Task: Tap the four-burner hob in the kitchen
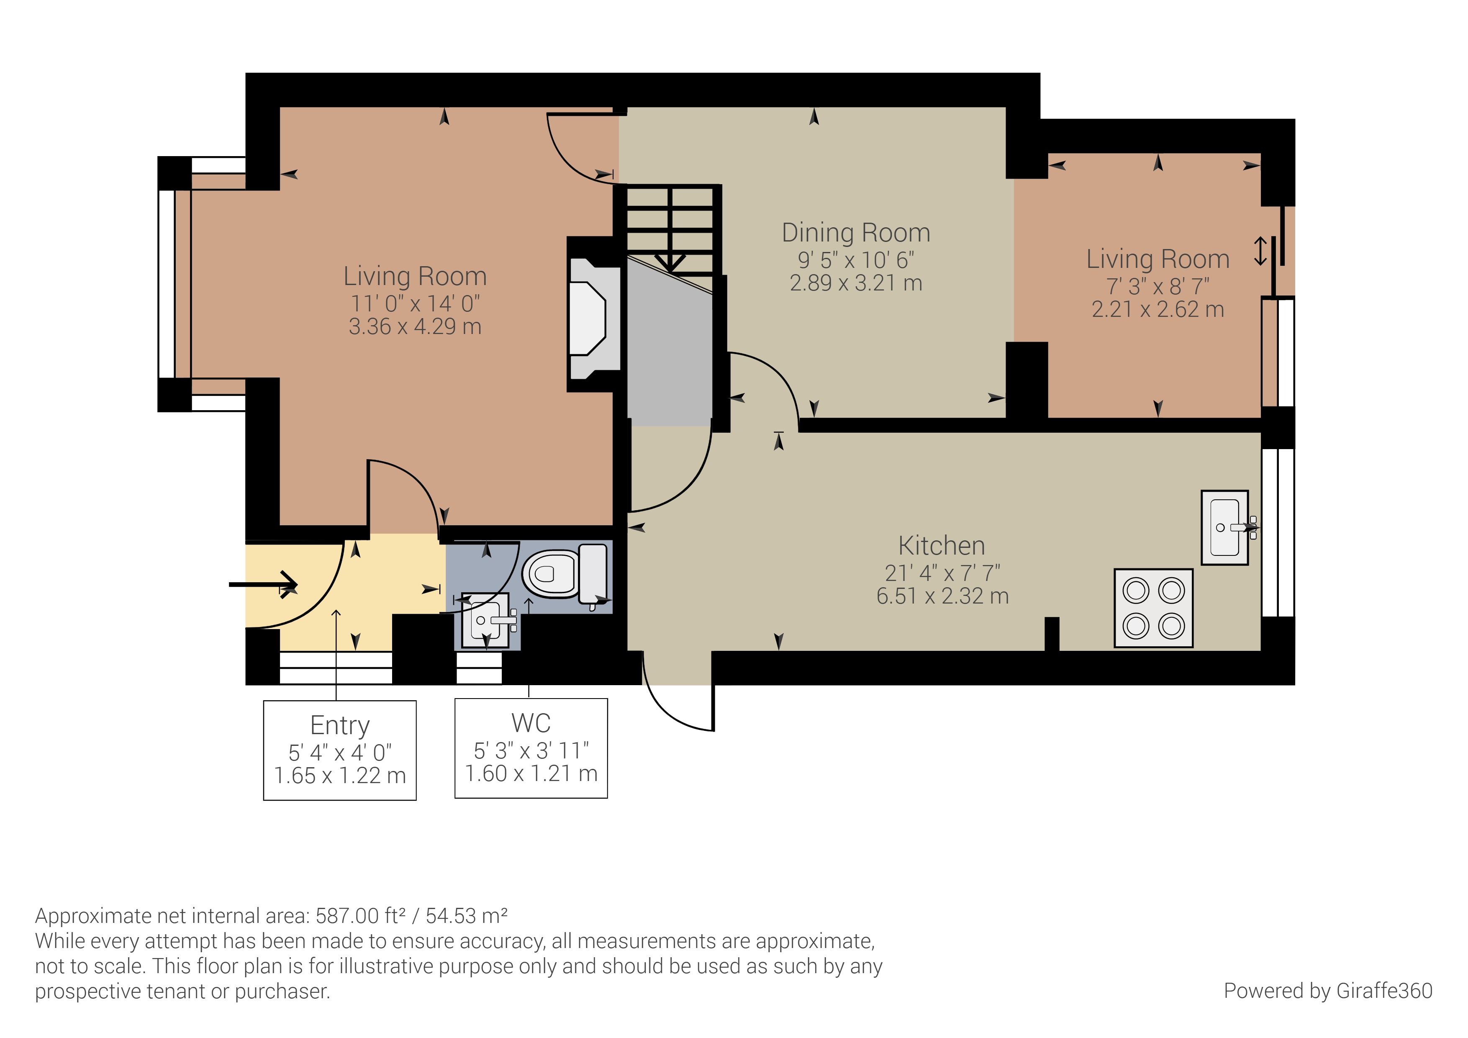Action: pyautogui.click(x=1153, y=608)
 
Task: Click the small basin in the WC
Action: pyautogui.click(x=487, y=620)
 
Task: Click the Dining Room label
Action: pyautogui.click(x=855, y=233)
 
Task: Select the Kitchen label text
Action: pyautogui.click(x=941, y=545)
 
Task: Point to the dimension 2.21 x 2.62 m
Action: pyautogui.click(x=1157, y=310)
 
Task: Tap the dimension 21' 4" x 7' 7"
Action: pyautogui.click(x=942, y=573)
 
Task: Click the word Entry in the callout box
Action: pyautogui.click(x=339, y=725)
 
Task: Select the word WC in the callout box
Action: pyautogui.click(x=531, y=723)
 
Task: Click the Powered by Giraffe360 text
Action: pyautogui.click(x=1327, y=991)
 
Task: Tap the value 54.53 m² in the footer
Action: pyautogui.click(x=466, y=916)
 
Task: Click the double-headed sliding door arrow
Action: pyautogui.click(x=1260, y=251)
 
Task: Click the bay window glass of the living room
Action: pyautogui.click(x=166, y=283)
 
